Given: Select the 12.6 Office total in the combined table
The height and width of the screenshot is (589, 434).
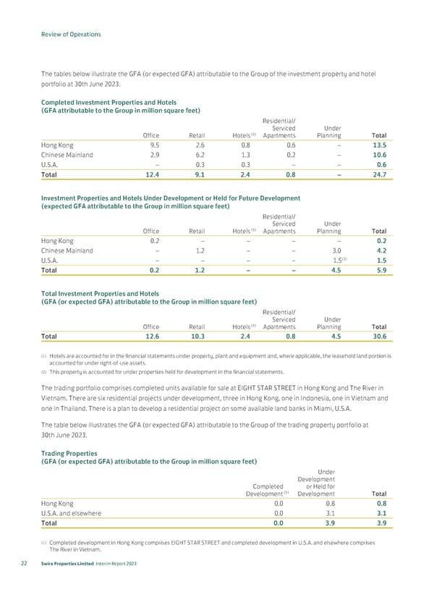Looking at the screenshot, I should pyautogui.click(x=150, y=336).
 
